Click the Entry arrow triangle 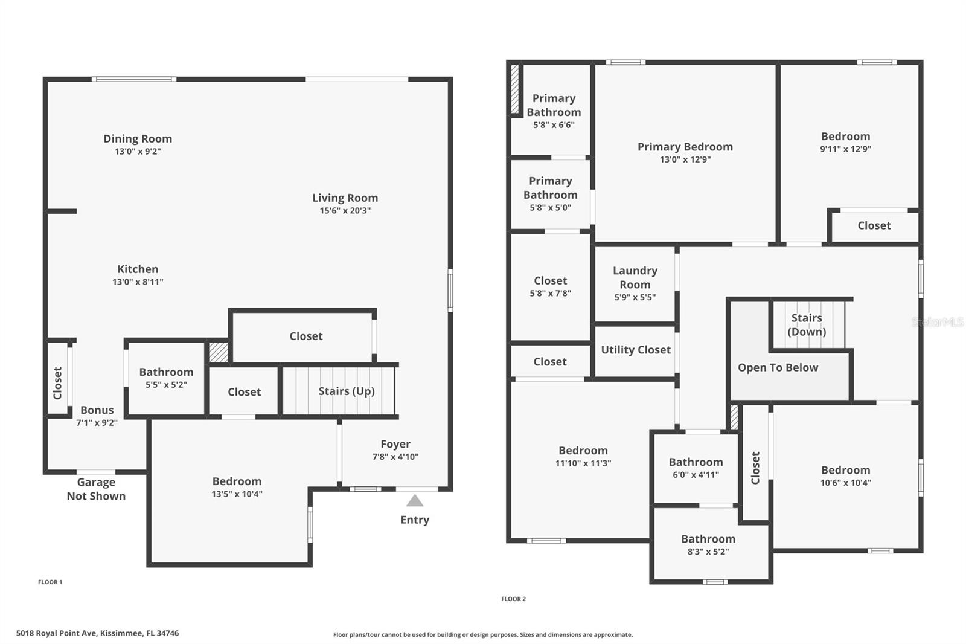pyautogui.click(x=414, y=501)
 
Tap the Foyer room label pyautogui.click(x=395, y=445)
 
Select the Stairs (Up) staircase pyautogui.click(x=338, y=391)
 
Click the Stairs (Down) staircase pyautogui.click(x=807, y=325)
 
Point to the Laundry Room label pyautogui.click(x=635, y=277)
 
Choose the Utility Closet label pyautogui.click(x=636, y=350)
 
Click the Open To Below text pyautogui.click(x=778, y=367)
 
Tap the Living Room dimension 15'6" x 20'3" pyautogui.click(x=345, y=211)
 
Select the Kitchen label pyautogui.click(x=138, y=269)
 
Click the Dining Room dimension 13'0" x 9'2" pyautogui.click(x=138, y=152)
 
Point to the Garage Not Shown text pyautogui.click(x=96, y=489)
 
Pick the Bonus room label pyautogui.click(x=97, y=410)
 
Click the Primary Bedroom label pyautogui.click(x=685, y=147)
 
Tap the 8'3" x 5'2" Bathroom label pyautogui.click(x=708, y=539)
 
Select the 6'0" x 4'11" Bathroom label pyautogui.click(x=696, y=462)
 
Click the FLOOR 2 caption pyautogui.click(x=513, y=599)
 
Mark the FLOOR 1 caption pyautogui.click(x=50, y=582)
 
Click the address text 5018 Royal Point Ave pyautogui.click(x=97, y=633)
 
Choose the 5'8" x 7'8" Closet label pyautogui.click(x=550, y=281)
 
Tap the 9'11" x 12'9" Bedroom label pyautogui.click(x=845, y=137)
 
